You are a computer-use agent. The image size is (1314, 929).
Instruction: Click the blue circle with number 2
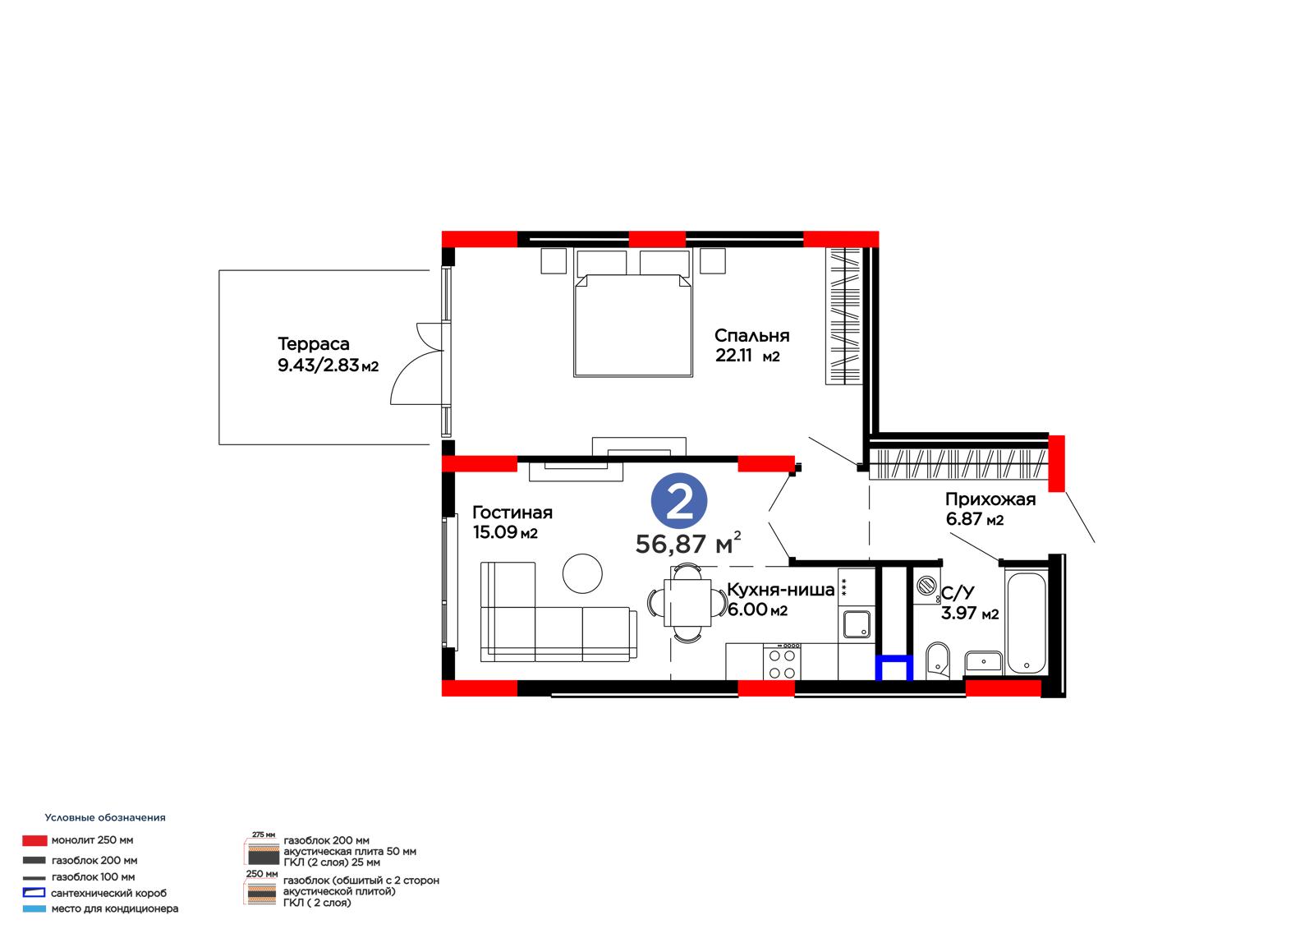click(x=678, y=500)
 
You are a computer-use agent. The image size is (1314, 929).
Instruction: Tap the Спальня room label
click(x=751, y=336)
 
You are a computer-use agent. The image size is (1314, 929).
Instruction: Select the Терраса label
click(x=313, y=343)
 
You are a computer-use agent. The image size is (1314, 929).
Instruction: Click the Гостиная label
click(x=512, y=513)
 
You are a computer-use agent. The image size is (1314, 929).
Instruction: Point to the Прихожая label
click(x=990, y=499)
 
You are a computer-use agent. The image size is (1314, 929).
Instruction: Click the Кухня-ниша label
click(x=780, y=589)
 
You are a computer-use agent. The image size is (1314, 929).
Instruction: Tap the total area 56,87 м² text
click(x=688, y=544)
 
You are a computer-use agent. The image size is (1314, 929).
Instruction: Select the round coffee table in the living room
click(x=582, y=573)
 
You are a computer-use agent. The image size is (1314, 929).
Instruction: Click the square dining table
click(x=687, y=603)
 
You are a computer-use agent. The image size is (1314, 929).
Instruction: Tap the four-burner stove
click(x=782, y=661)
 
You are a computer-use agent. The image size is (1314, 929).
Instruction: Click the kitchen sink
click(x=857, y=623)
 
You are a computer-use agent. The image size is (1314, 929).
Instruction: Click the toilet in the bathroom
click(x=937, y=660)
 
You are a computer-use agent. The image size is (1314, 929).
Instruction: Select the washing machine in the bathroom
click(x=927, y=585)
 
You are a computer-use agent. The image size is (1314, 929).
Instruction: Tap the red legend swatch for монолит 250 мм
click(x=34, y=840)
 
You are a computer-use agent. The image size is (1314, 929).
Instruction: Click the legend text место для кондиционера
click(x=115, y=908)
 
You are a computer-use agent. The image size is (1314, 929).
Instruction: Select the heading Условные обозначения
click(x=105, y=817)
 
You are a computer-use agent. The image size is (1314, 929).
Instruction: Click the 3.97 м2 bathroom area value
click(x=970, y=614)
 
